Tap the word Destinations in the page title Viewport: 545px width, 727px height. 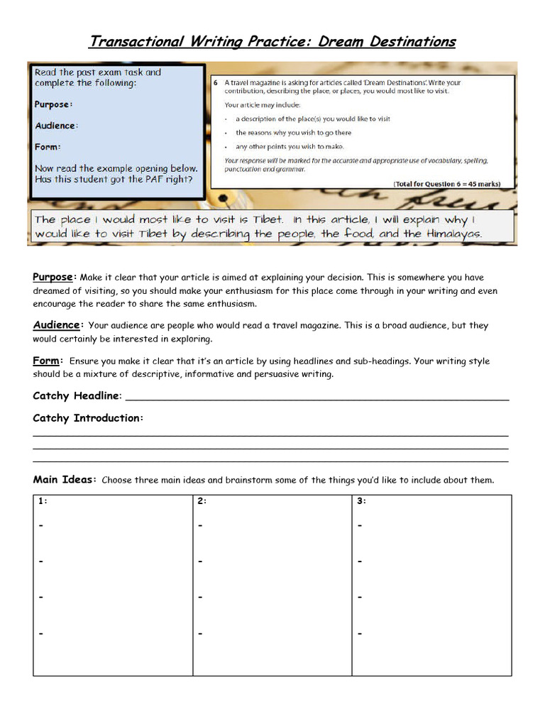coord(412,41)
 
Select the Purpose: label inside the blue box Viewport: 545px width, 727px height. coord(53,104)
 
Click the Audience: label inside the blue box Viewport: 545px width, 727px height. coord(56,126)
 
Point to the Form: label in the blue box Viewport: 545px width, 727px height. coord(48,147)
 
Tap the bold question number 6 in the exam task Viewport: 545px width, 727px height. coord(216,83)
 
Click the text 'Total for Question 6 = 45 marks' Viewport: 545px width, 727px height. coord(446,184)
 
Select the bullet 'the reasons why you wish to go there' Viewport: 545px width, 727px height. coord(293,133)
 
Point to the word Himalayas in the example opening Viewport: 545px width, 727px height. coord(452,234)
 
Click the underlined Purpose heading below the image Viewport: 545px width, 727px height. coord(53,277)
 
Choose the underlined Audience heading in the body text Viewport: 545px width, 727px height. coord(57,325)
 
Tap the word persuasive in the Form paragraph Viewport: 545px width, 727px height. coord(287,374)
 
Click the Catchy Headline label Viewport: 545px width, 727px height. coord(77,395)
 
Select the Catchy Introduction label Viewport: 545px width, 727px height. coord(88,418)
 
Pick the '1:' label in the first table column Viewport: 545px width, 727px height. coord(43,501)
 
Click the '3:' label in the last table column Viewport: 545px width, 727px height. coord(361,501)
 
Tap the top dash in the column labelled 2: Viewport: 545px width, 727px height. coord(200,526)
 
